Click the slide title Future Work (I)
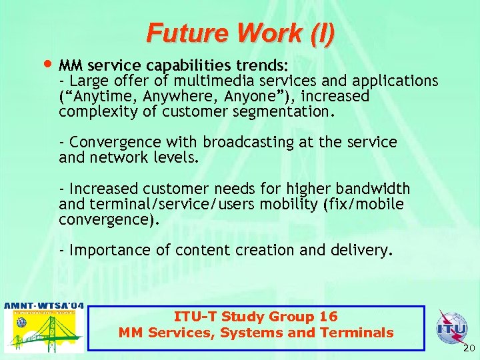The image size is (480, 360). click(x=241, y=32)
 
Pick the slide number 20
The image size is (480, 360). click(x=468, y=348)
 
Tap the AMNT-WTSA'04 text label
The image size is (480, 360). click(x=44, y=306)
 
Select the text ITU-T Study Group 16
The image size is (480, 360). click(x=255, y=317)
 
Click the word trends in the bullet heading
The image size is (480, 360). click(x=264, y=66)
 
